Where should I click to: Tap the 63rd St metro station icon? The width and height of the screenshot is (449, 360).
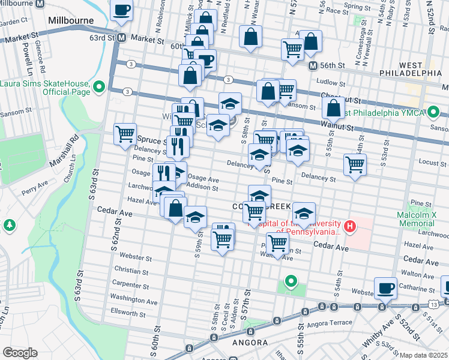pyautogui.click(x=121, y=38)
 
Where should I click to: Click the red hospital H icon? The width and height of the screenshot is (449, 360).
pyautogui.click(x=350, y=226)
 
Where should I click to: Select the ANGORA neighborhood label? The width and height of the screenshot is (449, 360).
pyautogui.click(x=250, y=343)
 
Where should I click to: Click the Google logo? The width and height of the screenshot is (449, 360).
pyautogui.click(x=20, y=352)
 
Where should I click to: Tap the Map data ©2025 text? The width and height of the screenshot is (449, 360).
pyautogui.click(x=423, y=355)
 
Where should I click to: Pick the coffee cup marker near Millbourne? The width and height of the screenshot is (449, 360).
pyautogui.click(x=121, y=10)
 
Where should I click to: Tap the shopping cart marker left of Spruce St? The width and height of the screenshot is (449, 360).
pyautogui.click(x=125, y=134)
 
